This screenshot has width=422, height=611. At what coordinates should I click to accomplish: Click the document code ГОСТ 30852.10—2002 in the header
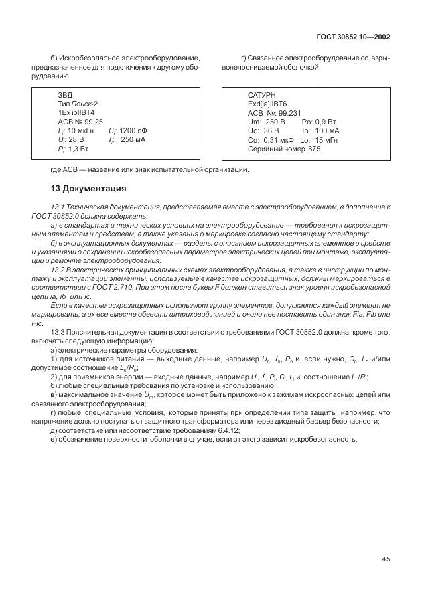coord(352,37)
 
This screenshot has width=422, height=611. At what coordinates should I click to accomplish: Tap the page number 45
coord(386,560)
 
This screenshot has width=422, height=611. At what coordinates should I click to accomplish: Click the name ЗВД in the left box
coord(65,95)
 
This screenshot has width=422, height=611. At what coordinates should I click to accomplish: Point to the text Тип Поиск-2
coord(78,104)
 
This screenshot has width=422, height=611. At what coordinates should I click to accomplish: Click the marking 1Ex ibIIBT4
coord(76,113)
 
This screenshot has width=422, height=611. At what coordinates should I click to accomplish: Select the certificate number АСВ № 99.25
coord(80,122)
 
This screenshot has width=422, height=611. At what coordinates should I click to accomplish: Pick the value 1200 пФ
coord(133,131)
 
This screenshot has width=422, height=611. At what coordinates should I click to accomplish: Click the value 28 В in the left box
coord(76,141)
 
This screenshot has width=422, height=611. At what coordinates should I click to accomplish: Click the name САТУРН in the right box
coord(261,95)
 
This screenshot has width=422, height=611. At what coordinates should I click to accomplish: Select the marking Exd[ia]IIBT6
coord(267,104)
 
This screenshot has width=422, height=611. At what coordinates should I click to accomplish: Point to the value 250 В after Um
coord(275,122)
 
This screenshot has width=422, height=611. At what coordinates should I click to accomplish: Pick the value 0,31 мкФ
coord(278,141)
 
